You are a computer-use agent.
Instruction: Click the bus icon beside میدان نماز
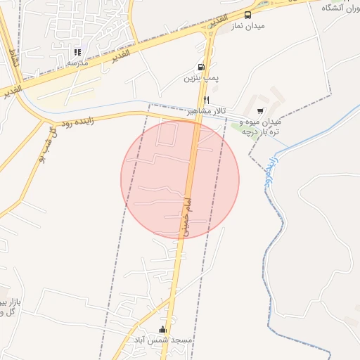pyautogui.click(x=247, y=15)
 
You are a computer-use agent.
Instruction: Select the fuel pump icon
pyautogui.click(x=203, y=67)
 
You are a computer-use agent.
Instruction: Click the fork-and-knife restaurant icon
pyautogui.click(x=207, y=101)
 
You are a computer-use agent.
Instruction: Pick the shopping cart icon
pyautogui.click(x=260, y=111)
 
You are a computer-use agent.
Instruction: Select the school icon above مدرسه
pyautogui.click(x=78, y=52)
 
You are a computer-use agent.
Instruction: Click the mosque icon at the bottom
pyautogui.click(x=163, y=330)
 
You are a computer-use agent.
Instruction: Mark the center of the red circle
pyautogui.click(x=180, y=179)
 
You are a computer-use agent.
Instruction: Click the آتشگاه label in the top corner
pyautogui.click(x=342, y=8)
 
